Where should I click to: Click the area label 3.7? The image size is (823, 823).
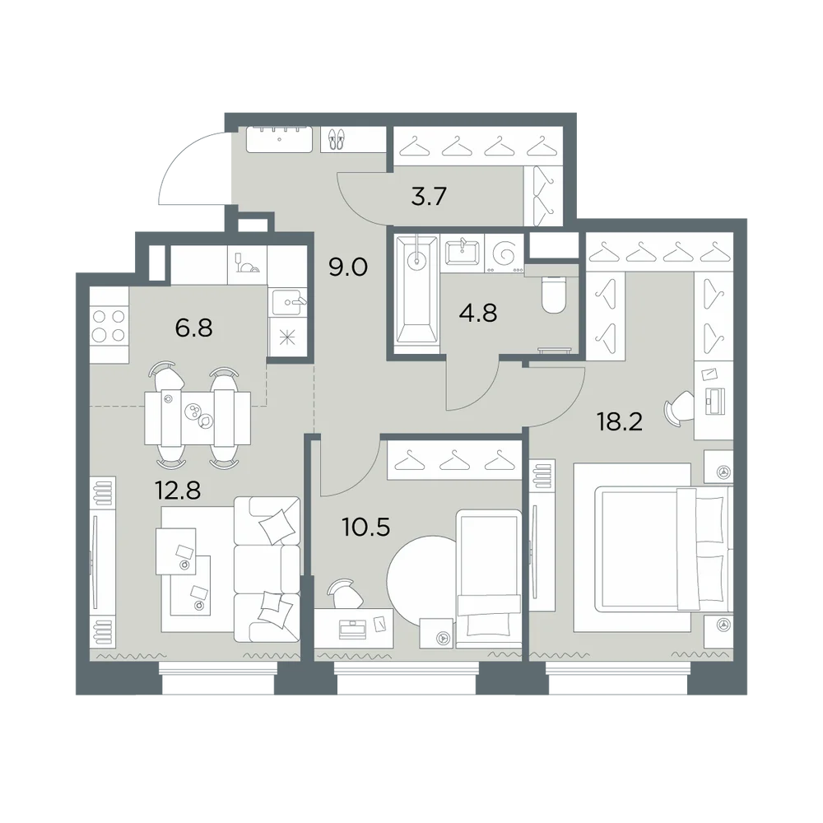coord(428,197)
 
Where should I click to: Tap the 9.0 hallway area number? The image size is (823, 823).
coord(348,267)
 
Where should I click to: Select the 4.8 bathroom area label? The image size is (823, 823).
coord(477,314)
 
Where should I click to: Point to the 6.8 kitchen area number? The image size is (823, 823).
coord(193,328)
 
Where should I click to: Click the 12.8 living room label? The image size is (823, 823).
coord(178,491)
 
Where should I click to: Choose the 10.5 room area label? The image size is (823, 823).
coord(366,527)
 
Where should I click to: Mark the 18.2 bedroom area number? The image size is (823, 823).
coord(620,421)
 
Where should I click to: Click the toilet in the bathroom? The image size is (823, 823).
coord(553,294)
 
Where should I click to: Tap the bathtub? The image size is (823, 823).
coord(416,296)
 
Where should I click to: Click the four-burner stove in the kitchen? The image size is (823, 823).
coord(109,325)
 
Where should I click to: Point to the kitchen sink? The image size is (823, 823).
coord(287,302)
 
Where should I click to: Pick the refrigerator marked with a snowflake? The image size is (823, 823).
coord(287,337)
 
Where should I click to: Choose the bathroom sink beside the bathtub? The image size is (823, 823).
coord(462,253)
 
